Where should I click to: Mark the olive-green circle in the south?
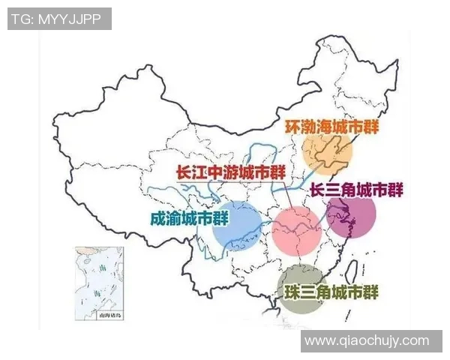pyautogui.click(x=301, y=288)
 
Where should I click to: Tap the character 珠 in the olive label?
pyautogui.click(x=293, y=292)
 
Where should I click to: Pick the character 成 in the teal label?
pyautogui.click(x=158, y=218)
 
